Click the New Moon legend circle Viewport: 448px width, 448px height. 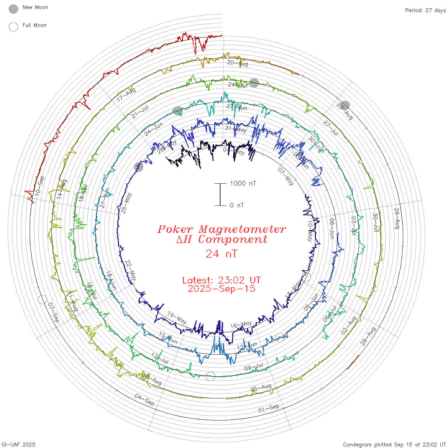[13, 9]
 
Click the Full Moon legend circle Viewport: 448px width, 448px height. [13, 27]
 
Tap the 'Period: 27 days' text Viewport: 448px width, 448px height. [425, 10]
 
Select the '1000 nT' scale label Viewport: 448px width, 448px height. [243, 183]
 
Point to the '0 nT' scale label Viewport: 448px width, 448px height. [237, 205]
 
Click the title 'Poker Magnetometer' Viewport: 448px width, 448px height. [221, 229]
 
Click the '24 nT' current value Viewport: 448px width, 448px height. [221, 254]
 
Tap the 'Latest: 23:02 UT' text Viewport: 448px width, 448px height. [221, 280]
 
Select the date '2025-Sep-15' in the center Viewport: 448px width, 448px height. [221, 289]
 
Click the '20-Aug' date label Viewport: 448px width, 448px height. [237, 63]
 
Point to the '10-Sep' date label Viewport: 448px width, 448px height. [40, 186]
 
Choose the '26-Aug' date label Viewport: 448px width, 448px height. [397, 218]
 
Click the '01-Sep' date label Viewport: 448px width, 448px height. [269, 408]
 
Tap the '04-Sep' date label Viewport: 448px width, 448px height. [145, 400]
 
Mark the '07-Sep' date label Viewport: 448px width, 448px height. [53, 313]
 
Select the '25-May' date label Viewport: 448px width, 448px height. [126, 203]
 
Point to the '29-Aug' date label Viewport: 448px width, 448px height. [368, 336]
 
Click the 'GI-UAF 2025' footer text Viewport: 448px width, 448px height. [19, 444]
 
